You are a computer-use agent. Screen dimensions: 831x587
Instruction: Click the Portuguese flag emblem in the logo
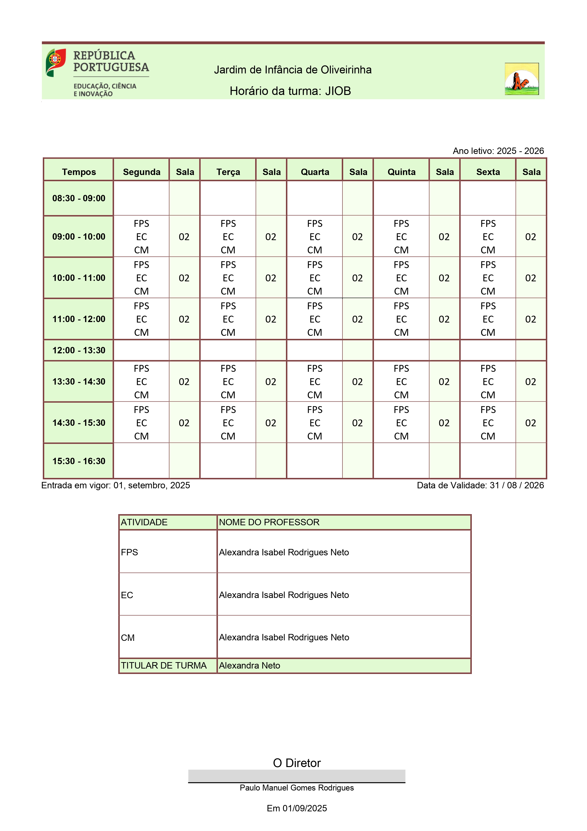pyautogui.click(x=56, y=62)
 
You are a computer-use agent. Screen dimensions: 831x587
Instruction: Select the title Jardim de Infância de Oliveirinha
pyautogui.click(x=293, y=70)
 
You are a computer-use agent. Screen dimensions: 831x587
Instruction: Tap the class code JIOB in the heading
pyautogui.click(x=338, y=91)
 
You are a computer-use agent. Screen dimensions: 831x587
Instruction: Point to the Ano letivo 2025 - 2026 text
pyautogui.click(x=498, y=151)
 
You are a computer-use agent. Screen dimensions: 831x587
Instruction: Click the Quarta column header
pyautogui.click(x=315, y=172)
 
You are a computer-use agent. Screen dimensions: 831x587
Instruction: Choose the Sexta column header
pyautogui.click(x=488, y=172)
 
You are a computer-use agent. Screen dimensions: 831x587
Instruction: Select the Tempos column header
pyautogui.click(x=79, y=172)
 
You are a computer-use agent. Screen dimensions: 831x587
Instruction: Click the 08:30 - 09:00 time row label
pyautogui.click(x=79, y=198)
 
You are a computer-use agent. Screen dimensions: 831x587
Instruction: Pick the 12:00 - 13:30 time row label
pyautogui.click(x=79, y=350)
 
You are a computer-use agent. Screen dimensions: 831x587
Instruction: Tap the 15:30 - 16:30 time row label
pyautogui.click(x=79, y=461)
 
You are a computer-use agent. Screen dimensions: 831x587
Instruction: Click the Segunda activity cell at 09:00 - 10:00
pyautogui.click(x=141, y=237)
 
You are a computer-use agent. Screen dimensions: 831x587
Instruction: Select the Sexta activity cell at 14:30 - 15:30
pyautogui.click(x=488, y=423)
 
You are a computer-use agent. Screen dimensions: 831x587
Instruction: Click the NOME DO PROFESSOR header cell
pyautogui.click(x=343, y=522)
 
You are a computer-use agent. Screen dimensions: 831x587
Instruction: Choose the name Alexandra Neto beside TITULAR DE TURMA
pyautogui.click(x=250, y=666)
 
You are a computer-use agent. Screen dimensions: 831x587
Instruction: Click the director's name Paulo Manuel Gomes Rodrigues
pyautogui.click(x=297, y=788)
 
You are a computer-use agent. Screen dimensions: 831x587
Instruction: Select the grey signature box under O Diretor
pyautogui.click(x=297, y=776)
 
